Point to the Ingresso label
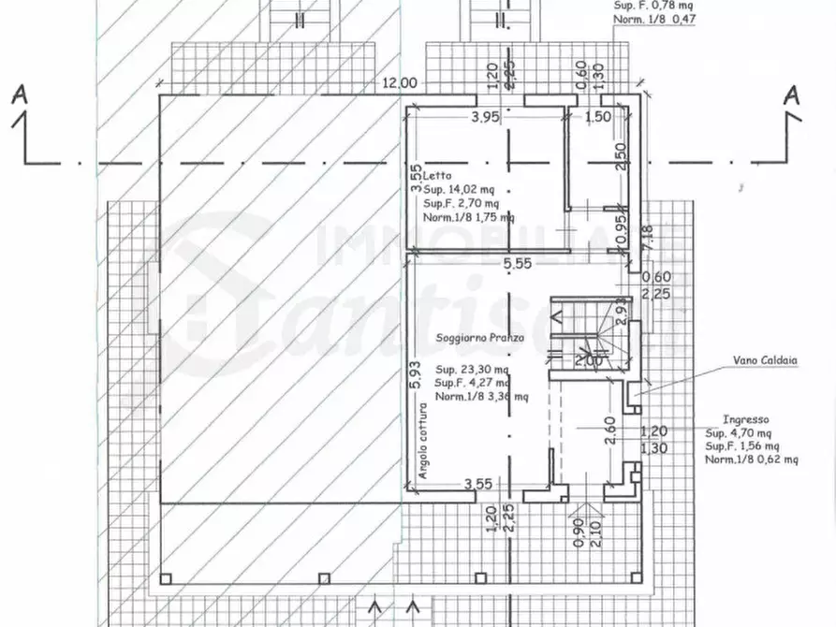(747, 421)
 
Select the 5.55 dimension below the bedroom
(517, 265)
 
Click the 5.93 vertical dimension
(415, 373)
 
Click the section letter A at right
(791, 95)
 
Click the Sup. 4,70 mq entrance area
(739, 434)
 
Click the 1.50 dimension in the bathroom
(598, 117)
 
